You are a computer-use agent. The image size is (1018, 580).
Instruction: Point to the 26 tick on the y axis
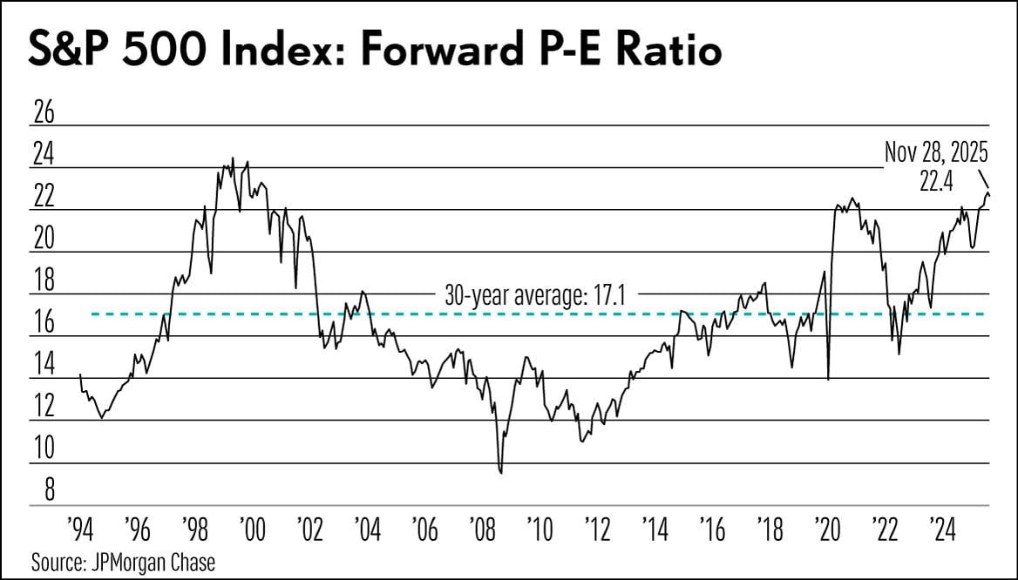[x=43, y=112]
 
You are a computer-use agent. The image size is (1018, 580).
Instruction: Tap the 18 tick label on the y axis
[x=43, y=280]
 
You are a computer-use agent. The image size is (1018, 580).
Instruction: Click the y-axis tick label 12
[x=43, y=407]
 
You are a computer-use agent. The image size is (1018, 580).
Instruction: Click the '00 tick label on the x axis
[x=250, y=528]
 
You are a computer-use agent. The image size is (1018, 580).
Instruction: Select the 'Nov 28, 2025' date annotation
[x=936, y=154]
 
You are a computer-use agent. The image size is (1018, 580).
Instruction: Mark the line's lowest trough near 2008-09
[x=501, y=473]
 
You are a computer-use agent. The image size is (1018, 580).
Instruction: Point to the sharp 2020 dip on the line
[x=827, y=379]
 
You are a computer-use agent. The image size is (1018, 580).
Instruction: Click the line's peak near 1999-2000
[x=232, y=158]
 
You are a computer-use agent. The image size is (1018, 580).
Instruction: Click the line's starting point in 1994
[x=80, y=374]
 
